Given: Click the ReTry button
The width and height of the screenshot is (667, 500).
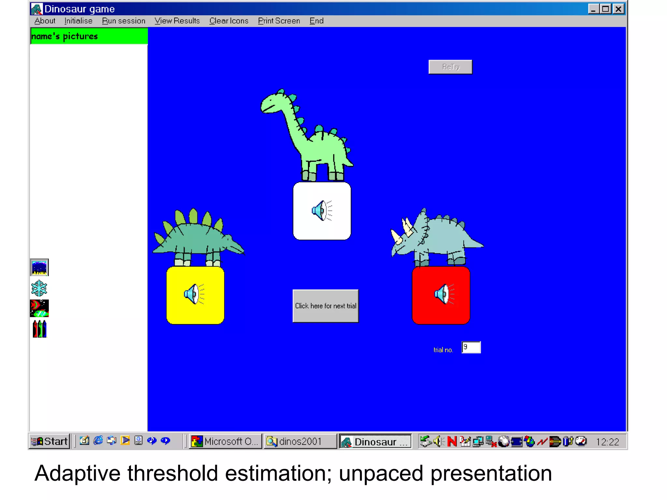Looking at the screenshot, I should [x=450, y=67].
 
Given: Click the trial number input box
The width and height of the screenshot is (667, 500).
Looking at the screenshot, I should [x=471, y=347].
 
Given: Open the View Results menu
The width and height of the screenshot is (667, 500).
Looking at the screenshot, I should [x=177, y=21].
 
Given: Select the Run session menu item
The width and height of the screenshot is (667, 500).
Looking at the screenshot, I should [x=123, y=21].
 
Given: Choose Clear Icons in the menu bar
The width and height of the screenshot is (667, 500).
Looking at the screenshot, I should [x=229, y=21].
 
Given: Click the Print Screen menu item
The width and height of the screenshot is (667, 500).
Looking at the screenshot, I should [x=279, y=21].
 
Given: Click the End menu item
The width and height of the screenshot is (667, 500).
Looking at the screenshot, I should [x=316, y=21].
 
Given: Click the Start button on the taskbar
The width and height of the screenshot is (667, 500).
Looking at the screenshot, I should [x=50, y=441].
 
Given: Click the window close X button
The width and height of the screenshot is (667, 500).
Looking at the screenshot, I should [x=618, y=9].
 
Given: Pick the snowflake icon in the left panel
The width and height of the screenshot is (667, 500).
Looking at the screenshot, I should [x=39, y=288].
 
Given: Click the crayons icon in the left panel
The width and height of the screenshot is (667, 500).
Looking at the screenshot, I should [x=39, y=329].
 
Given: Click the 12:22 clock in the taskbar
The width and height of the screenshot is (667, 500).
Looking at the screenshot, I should [x=607, y=442].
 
